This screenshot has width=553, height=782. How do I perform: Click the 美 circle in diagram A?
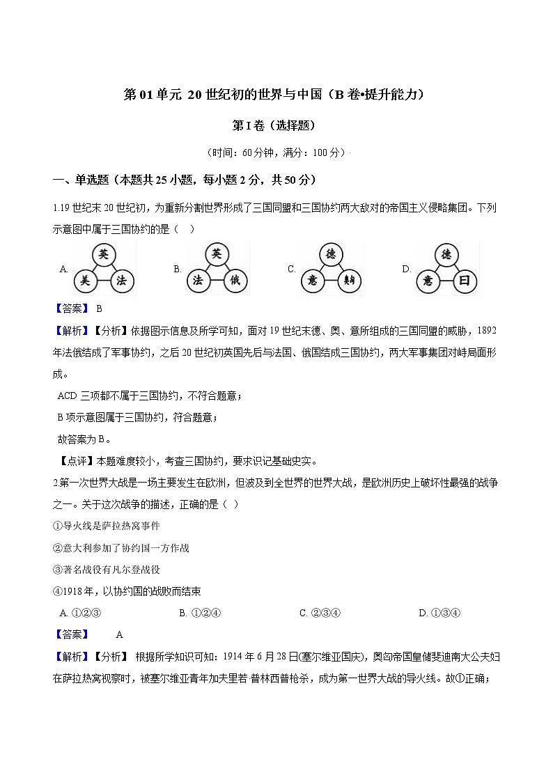pyautogui.click(x=86, y=281)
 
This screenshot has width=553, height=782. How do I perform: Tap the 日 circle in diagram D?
pyautogui.click(x=463, y=281)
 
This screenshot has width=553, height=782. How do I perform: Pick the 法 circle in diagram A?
pyautogui.click(x=120, y=281)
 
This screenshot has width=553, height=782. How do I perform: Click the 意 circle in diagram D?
pyautogui.click(x=428, y=281)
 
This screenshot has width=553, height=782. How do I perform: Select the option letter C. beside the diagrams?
pyautogui.click(x=292, y=269)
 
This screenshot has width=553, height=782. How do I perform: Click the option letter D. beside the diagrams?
pyautogui.click(x=407, y=269)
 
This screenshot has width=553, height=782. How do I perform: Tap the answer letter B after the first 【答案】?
pyautogui.click(x=99, y=308)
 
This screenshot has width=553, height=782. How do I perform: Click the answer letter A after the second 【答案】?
pyautogui.click(x=119, y=634)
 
